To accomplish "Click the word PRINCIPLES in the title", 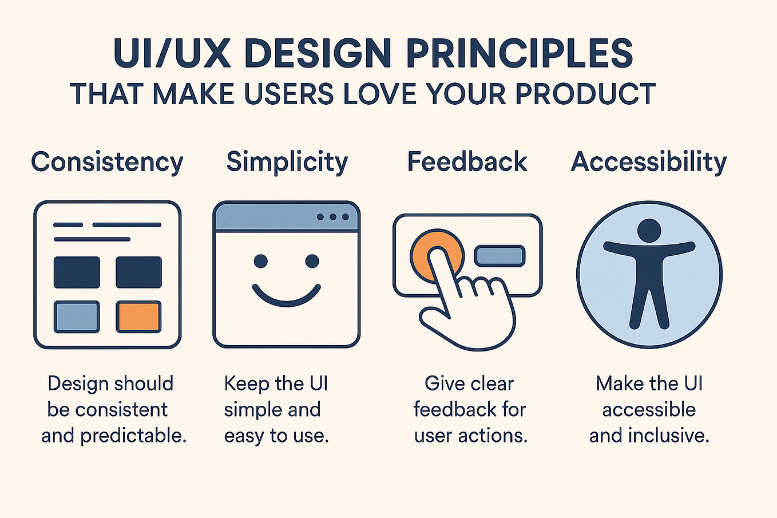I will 519,54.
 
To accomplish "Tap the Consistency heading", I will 107,162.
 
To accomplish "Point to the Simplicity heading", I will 287,162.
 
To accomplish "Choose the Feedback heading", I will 467,162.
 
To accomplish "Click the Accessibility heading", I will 649,162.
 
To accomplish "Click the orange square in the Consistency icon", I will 138,317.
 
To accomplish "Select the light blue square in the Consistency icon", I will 77,317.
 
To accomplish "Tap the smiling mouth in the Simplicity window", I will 286,295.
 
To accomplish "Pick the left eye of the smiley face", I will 260,262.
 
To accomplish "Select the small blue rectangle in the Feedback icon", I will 500,255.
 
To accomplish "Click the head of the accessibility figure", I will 649,230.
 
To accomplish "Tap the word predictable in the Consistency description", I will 133,436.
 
